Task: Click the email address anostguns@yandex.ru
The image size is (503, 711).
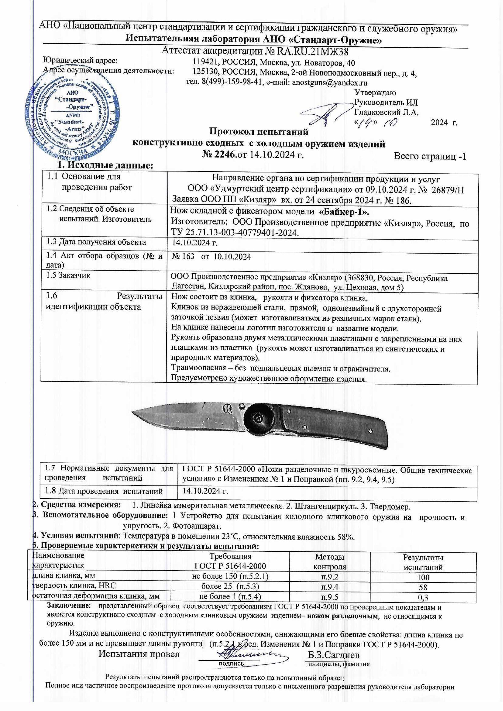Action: tap(330, 83)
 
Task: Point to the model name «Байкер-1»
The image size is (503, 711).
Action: tap(344, 212)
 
